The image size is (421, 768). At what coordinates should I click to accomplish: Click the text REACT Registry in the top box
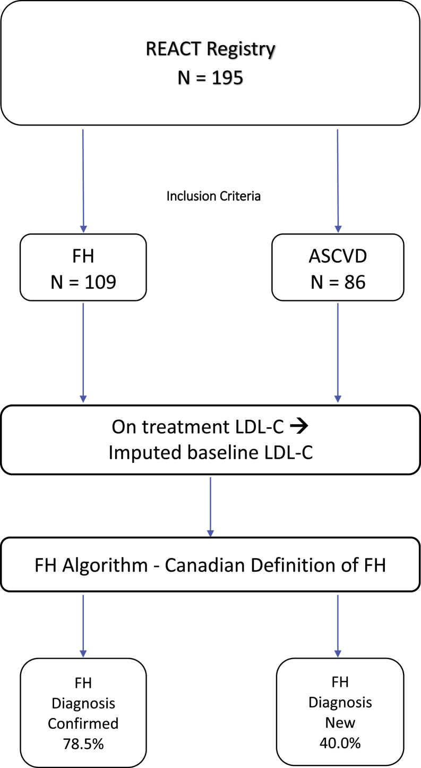tap(211, 50)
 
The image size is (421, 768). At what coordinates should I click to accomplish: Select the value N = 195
tap(211, 78)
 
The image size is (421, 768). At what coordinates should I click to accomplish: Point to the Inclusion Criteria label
tap(213, 196)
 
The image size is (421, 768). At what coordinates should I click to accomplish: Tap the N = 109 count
tap(83, 282)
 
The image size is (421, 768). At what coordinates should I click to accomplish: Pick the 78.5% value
tap(83, 744)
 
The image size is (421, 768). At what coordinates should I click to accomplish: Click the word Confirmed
tap(83, 724)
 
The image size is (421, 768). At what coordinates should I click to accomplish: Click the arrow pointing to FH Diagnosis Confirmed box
tap(83, 624)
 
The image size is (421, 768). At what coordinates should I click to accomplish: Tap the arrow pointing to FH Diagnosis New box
tap(338, 624)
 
